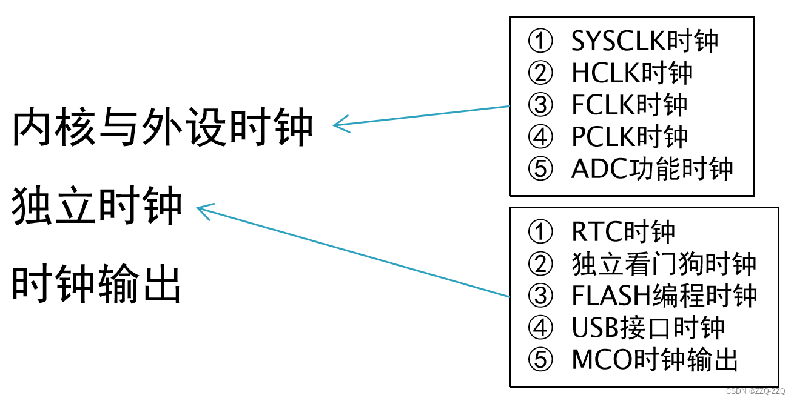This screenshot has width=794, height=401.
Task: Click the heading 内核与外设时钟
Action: (163, 128)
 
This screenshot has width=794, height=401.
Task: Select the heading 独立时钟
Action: (97, 206)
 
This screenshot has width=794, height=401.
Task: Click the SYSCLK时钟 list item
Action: (645, 41)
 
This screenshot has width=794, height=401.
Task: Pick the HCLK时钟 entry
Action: (632, 73)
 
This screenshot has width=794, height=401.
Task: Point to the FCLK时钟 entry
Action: (630, 105)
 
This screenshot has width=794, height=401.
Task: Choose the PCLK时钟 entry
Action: (630, 137)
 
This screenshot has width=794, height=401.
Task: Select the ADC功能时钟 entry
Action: (652, 169)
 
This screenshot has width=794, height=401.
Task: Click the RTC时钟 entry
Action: (623, 231)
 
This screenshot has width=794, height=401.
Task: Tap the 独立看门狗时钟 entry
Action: (664, 263)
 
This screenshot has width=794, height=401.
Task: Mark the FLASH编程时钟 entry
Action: (664, 296)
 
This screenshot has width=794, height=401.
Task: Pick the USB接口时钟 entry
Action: (648, 328)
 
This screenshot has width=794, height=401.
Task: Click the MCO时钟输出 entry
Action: (654, 360)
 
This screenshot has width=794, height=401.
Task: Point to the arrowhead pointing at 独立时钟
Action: (201, 210)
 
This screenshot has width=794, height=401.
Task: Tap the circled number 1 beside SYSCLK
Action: (540, 42)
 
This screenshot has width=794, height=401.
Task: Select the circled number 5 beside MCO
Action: (540, 360)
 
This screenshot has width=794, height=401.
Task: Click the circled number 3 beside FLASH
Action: (540, 296)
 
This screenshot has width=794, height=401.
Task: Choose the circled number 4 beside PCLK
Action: (540, 138)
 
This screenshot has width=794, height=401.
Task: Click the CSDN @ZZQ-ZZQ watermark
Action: (755, 391)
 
